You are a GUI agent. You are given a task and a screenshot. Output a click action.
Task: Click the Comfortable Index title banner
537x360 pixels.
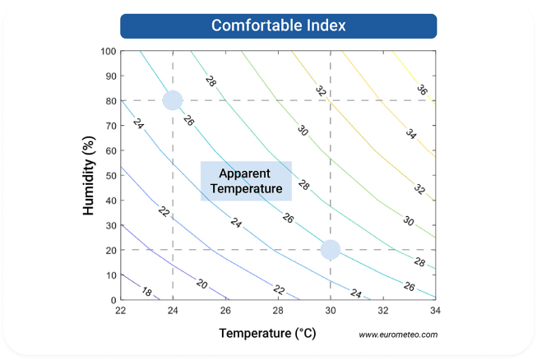pyautogui.click(x=278, y=25)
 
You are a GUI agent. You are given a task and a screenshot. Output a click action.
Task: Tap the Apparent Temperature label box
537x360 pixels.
pyautogui.click(x=246, y=181)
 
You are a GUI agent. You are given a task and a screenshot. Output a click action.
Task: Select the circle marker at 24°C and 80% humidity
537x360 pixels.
pyautogui.click(x=172, y=100)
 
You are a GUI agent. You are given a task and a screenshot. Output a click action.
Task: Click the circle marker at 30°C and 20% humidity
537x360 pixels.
pyautogui.click(x=330, y=249)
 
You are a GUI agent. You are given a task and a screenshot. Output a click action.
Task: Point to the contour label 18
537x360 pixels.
pyautogui.click(x=147, y=291)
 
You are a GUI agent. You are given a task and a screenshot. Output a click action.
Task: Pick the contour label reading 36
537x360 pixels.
pyautogui.click(x=422, y=90)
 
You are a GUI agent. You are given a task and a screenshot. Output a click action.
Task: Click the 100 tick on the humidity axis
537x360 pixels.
pyautogui.click(x=107, y=51)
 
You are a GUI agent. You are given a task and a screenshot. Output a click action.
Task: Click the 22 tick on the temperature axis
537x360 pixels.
pyautogui.click(x=121, y=310)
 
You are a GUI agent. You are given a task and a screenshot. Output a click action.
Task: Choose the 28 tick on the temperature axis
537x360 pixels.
pyautogui.click(x=278, y=310)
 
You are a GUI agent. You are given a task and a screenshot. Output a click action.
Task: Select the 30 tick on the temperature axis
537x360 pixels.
pyautogui.click(x=330, y=310)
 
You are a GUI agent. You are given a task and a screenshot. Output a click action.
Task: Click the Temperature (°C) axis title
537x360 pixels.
pyautogui.click(x=267, y=334)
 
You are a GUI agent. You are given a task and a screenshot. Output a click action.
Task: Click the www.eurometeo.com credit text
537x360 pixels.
pyautogui.click(x=398, y=335)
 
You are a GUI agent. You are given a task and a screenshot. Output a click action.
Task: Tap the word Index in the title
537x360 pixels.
pyautogui.click(x=322, y=25)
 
